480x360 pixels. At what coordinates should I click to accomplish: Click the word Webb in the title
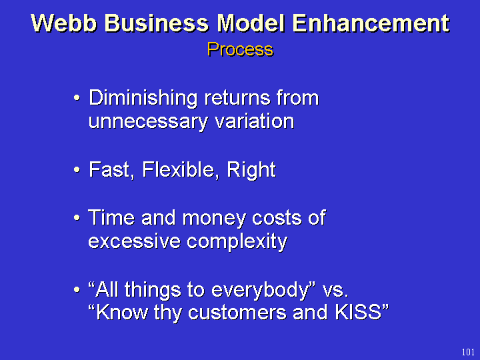click(64, 23)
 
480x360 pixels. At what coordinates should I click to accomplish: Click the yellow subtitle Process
click(240, 49)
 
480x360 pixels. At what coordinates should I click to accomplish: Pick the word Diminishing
click(143, 99)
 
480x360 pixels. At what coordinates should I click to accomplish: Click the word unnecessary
click(148, 122)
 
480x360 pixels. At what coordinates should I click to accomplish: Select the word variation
click(255, 121)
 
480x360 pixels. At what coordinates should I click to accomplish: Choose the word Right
click(251, 170)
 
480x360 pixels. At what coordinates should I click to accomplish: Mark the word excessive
click(134, 241)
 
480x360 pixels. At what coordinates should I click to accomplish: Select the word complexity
click(237, 242)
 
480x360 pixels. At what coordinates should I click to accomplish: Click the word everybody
click(259, 289)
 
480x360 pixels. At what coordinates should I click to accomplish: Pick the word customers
click(237, 313)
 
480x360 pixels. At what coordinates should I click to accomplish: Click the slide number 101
click(468, 353)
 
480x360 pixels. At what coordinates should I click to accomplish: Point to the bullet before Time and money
click(77, 217)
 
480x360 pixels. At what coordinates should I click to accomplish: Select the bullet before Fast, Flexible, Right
click(77, 169)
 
